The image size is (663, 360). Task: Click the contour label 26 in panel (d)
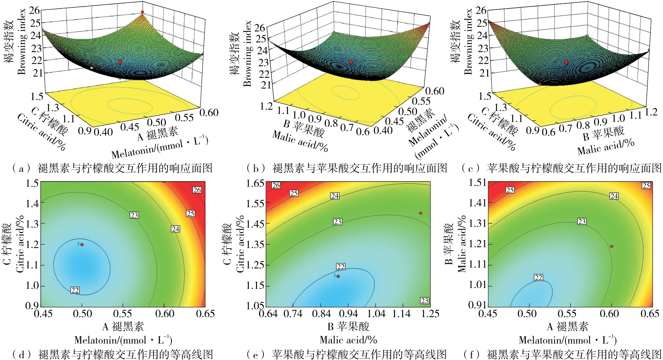point(197,190)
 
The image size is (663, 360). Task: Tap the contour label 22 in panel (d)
point(75,290)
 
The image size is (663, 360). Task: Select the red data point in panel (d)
point(82,244)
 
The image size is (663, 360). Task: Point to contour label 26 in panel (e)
point(276,185)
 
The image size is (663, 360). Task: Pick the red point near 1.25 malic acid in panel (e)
point(420,213)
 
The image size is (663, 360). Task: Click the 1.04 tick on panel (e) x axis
point(376,314)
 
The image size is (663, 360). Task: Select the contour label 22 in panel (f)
point(538,277)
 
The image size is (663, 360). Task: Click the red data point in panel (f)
point(611,246)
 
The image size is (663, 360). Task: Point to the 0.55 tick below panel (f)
point(567,314)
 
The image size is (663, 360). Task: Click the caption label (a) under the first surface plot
point(19,169)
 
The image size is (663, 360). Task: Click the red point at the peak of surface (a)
point(143,12)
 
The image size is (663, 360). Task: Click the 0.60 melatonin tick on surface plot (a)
point(209,112)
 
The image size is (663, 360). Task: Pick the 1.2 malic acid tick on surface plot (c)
point(651,112)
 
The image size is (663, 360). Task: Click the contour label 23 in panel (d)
point(134,215)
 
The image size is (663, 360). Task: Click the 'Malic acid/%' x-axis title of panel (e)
point(348,340)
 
